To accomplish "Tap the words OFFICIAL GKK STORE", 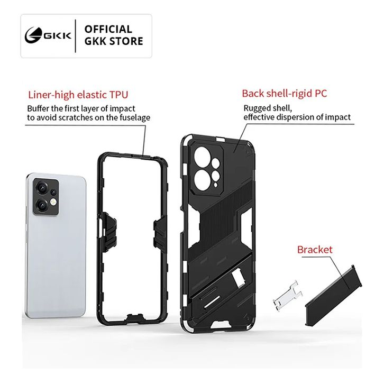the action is pyautogui.click(x=114, y=35).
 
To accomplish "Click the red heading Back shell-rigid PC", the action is pyautogui.click(x=285, y=94).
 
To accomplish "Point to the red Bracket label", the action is pyautogui.click(x=315, y=249).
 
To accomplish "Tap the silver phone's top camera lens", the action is pyautogui.click(x=41, y=187).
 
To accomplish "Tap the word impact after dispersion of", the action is pyautogui.click(x=339, y=117).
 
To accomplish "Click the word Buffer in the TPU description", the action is pyautogui.click(x=39, y=108).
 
